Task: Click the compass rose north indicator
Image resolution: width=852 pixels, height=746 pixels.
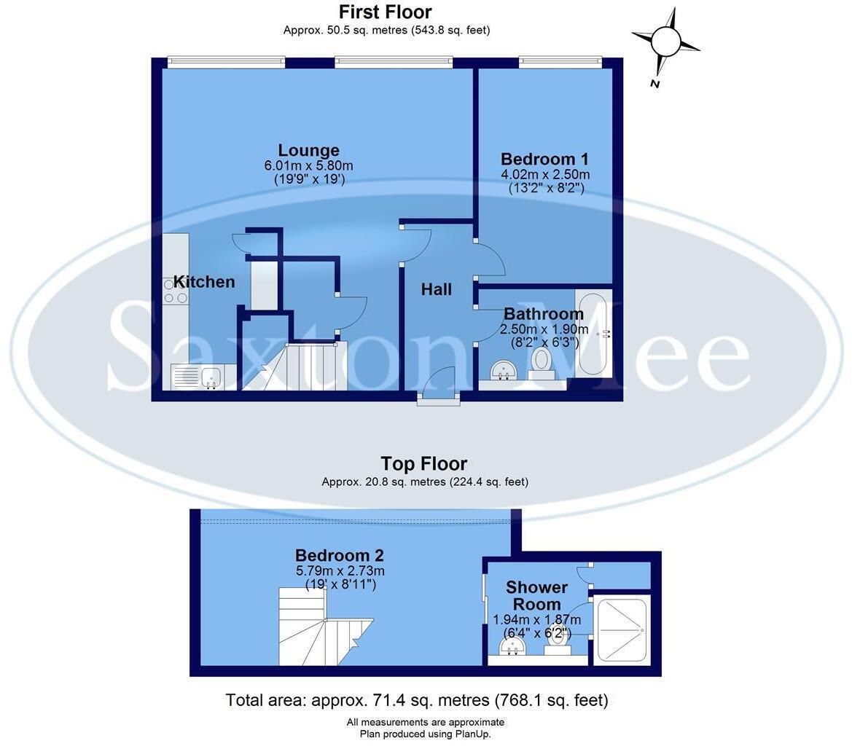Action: [x=665, y=42]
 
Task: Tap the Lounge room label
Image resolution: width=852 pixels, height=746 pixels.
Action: [x=308, y=151]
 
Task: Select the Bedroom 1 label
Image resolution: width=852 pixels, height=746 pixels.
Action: [x=544, y=160]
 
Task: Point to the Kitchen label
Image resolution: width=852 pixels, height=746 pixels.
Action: [x=204, y=282]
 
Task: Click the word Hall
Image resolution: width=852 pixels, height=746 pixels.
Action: [x=437, y=290]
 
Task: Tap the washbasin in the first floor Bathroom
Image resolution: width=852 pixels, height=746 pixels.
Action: [x=502, y=370]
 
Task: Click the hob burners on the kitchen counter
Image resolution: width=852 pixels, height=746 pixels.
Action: [x=175, y=291]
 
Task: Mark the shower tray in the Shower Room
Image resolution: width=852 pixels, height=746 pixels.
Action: [x=620, y=630]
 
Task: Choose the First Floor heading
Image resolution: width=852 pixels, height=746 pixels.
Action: [x=385, y=12]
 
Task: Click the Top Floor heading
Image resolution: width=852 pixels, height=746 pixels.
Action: [x=423, y=464]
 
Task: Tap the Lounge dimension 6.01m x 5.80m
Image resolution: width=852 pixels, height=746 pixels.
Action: [x=308, y=166]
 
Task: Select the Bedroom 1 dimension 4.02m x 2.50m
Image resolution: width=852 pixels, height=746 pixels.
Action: [x=545, y=175]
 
